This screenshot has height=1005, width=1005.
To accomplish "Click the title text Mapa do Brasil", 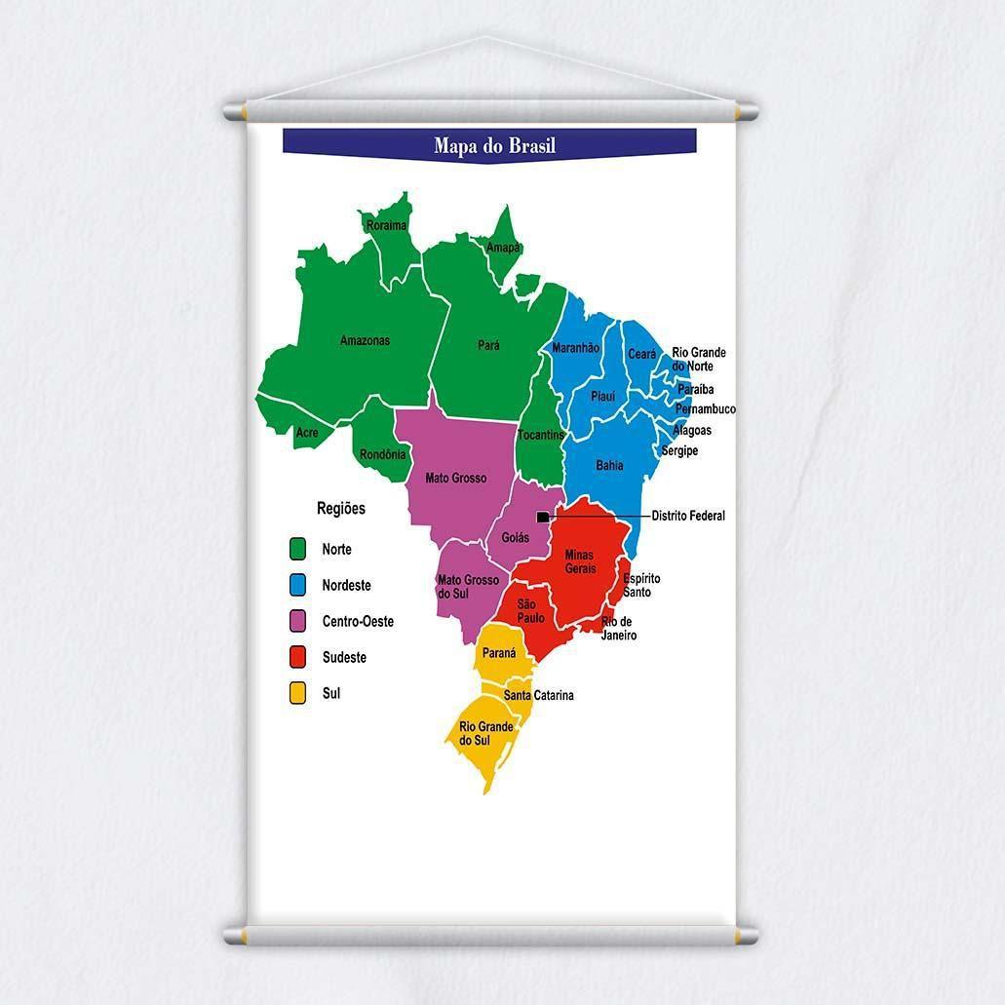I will point(494,146).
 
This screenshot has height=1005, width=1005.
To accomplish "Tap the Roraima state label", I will point(386,225).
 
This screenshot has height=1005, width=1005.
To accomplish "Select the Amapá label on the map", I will point(503,248).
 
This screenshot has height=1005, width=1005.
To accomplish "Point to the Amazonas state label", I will point(365,340).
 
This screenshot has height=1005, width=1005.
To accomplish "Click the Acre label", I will point(307,433).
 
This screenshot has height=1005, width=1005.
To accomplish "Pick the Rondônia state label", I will point(382,454).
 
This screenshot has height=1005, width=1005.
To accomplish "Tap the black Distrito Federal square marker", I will point(543,517).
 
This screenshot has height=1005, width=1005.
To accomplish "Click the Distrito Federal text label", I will point(688,516).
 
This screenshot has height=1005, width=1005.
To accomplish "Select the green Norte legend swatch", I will point(298,550).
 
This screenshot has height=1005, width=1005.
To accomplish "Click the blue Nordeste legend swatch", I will point(298,586).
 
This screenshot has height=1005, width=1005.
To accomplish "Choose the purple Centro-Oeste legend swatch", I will point(298,622).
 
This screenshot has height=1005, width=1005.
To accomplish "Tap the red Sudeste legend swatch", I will point(298,658).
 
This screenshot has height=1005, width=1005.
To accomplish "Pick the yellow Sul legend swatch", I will point(298,694).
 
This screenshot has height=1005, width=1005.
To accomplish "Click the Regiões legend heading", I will point(341,508).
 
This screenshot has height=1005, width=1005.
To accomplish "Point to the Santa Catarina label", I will point(539,695).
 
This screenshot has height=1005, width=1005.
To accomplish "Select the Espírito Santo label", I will point(641,586).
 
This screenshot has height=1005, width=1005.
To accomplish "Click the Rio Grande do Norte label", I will point(699,360).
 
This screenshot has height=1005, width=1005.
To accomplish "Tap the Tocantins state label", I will point(541,435).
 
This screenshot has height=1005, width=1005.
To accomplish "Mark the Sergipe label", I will point(679,451).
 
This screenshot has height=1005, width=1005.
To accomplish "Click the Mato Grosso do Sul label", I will point(468,587).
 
